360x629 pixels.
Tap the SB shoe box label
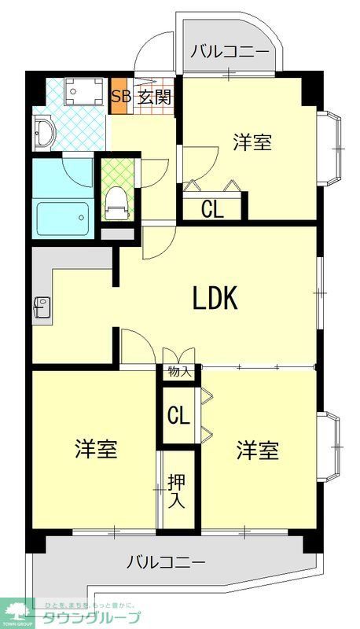pos(120,97)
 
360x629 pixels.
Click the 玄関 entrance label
pos(154,97)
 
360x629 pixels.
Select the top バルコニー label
pos(230,53)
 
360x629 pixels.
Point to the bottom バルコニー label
pos(166,562)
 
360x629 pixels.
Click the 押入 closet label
pos(176,491)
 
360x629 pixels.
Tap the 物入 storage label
pos(178,371)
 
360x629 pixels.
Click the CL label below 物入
pos(178,415)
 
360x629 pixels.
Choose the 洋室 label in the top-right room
pos(252,143)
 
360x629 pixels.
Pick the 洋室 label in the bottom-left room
pos(96,450)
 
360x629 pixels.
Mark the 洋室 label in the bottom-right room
pos(258,450)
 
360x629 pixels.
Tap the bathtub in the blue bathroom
pos(62,213)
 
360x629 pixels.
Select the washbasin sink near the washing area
pos(43,133)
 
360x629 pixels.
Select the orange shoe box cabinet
pos(119,97)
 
